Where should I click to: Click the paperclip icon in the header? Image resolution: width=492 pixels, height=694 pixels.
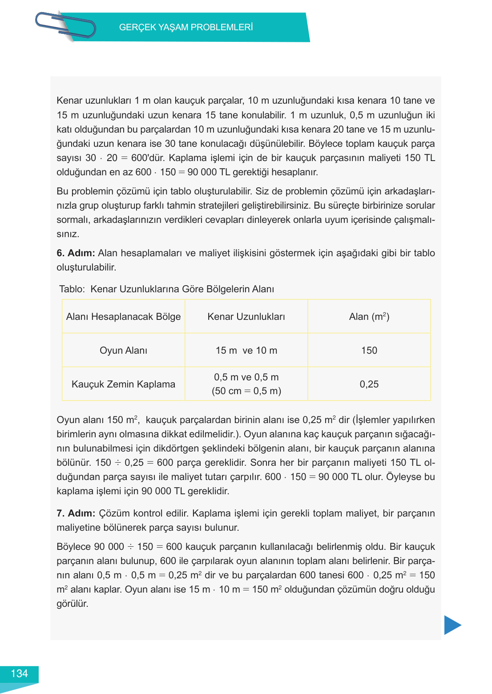pyautogui.click(x=65, y=25)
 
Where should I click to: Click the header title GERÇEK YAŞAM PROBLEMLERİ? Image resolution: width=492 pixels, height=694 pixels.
pyautogui.click(x=186, y=27)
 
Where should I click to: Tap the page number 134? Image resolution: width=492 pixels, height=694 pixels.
pyautogui.click(x=19, y=674)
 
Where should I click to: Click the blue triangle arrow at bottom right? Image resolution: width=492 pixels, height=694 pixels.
pyautogui.click(x=452, y=625)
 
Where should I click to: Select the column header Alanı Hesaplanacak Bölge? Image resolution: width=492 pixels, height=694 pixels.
pyautogui.click(x=123, y=317)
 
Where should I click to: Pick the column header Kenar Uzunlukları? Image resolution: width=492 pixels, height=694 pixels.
pyautogui.click(x=246, y=317)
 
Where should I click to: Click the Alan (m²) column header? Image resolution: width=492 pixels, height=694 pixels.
pyautogui.click(x=369, y=317)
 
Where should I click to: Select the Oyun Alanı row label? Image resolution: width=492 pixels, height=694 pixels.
pyautogui.click(x=123, y=351)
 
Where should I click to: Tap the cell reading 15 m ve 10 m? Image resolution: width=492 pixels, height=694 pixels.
pyautogui.click(x=246, y=351)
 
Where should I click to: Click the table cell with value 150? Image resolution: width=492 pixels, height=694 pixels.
pyautogui.click(x=369, y=351)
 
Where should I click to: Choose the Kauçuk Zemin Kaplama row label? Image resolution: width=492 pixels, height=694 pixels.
pyautogui.click(x=123, y=384)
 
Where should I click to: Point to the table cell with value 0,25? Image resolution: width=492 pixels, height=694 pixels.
pyautogui.click(x=369, y=384)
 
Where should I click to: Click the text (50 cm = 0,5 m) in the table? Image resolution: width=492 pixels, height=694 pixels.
pyautogui.click(x=246, y=391)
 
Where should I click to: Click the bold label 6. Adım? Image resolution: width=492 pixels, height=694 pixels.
pyautogui.click(x=76, y=253)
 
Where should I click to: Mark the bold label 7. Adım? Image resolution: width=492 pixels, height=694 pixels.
pyautogui.click(x=76, y=513)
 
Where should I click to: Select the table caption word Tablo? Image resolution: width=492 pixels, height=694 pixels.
pyautogui.click(x=72, y=289)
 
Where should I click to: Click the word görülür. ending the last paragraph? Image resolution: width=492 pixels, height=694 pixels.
pyautogui.click(x=73, y=604)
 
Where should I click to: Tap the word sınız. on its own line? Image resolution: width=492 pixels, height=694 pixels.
pyautogui.click(x=68, y=234)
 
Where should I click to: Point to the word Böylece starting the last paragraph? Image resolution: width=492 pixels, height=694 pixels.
pyautogui.click(x=74, y=547)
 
